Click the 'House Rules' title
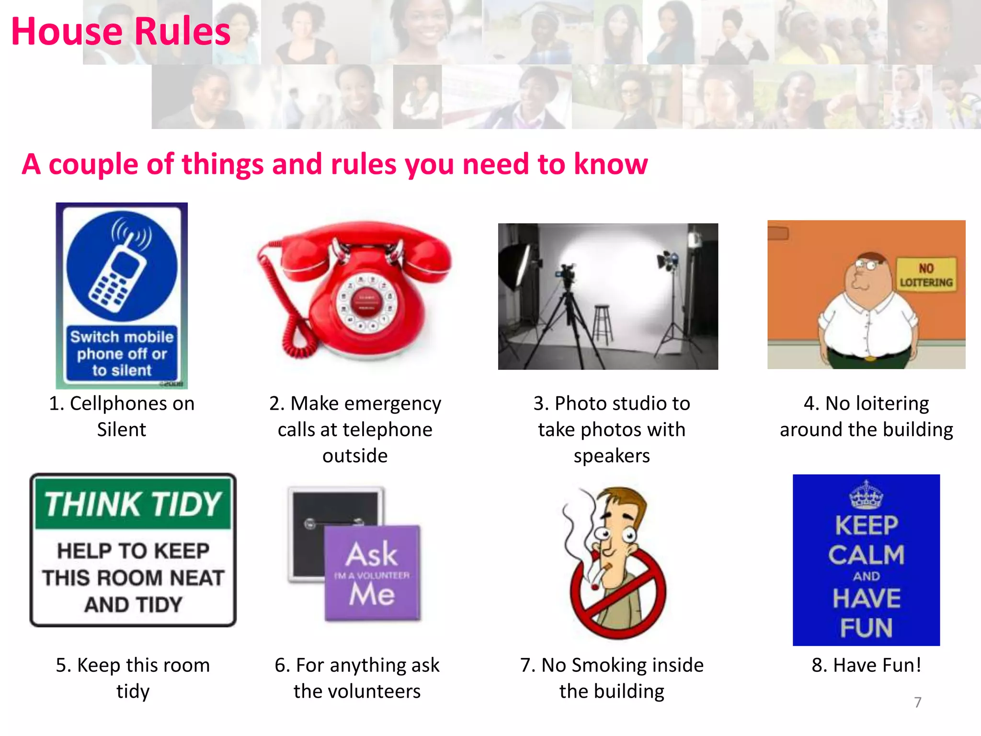tap(121, 32)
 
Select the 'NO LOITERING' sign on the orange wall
tap(925, 275)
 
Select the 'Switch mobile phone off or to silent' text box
tap(122, 354)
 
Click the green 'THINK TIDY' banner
tap(133, 504)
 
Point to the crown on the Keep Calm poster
tap(866, 495)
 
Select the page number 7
tap(917, 702)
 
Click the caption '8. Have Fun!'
tap(866, 665)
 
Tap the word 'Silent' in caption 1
tap(121, 429)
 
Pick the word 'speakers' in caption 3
tap(612, 456)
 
